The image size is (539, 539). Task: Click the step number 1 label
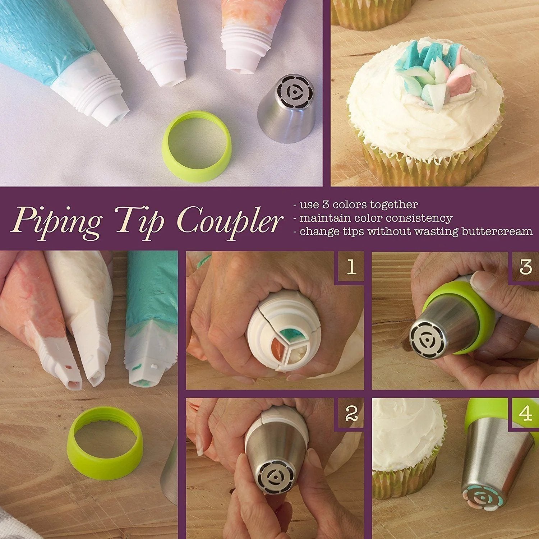tap(351, 267)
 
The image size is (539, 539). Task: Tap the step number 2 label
tap(350, 414)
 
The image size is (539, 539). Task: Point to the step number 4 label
tap(525, 414)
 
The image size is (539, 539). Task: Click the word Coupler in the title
tap(229, 219)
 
